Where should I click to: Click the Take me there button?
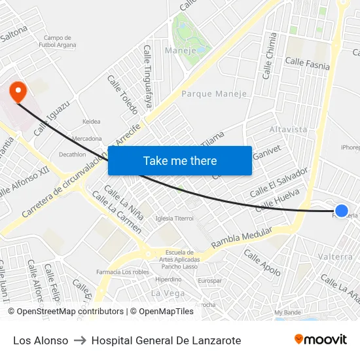tap(180, 160)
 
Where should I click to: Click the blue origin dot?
tap(342, 210)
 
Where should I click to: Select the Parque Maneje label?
tap(214, 94)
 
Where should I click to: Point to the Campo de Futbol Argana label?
tap(60, 41)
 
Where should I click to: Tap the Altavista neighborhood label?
tap(288, 130)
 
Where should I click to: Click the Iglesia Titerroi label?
tap(175, 218)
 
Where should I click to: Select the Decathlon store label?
tap(72, 154)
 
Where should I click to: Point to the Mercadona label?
tap(87, 139)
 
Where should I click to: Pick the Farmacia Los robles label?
tap(122, 272)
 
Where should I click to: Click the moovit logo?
tap(320, 340)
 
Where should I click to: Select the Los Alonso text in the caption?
tap(41, 340)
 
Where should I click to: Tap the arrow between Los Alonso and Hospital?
tap(80, 340)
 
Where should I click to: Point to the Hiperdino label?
tap(168, 279)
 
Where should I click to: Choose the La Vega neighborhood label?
tap(168, 293)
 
